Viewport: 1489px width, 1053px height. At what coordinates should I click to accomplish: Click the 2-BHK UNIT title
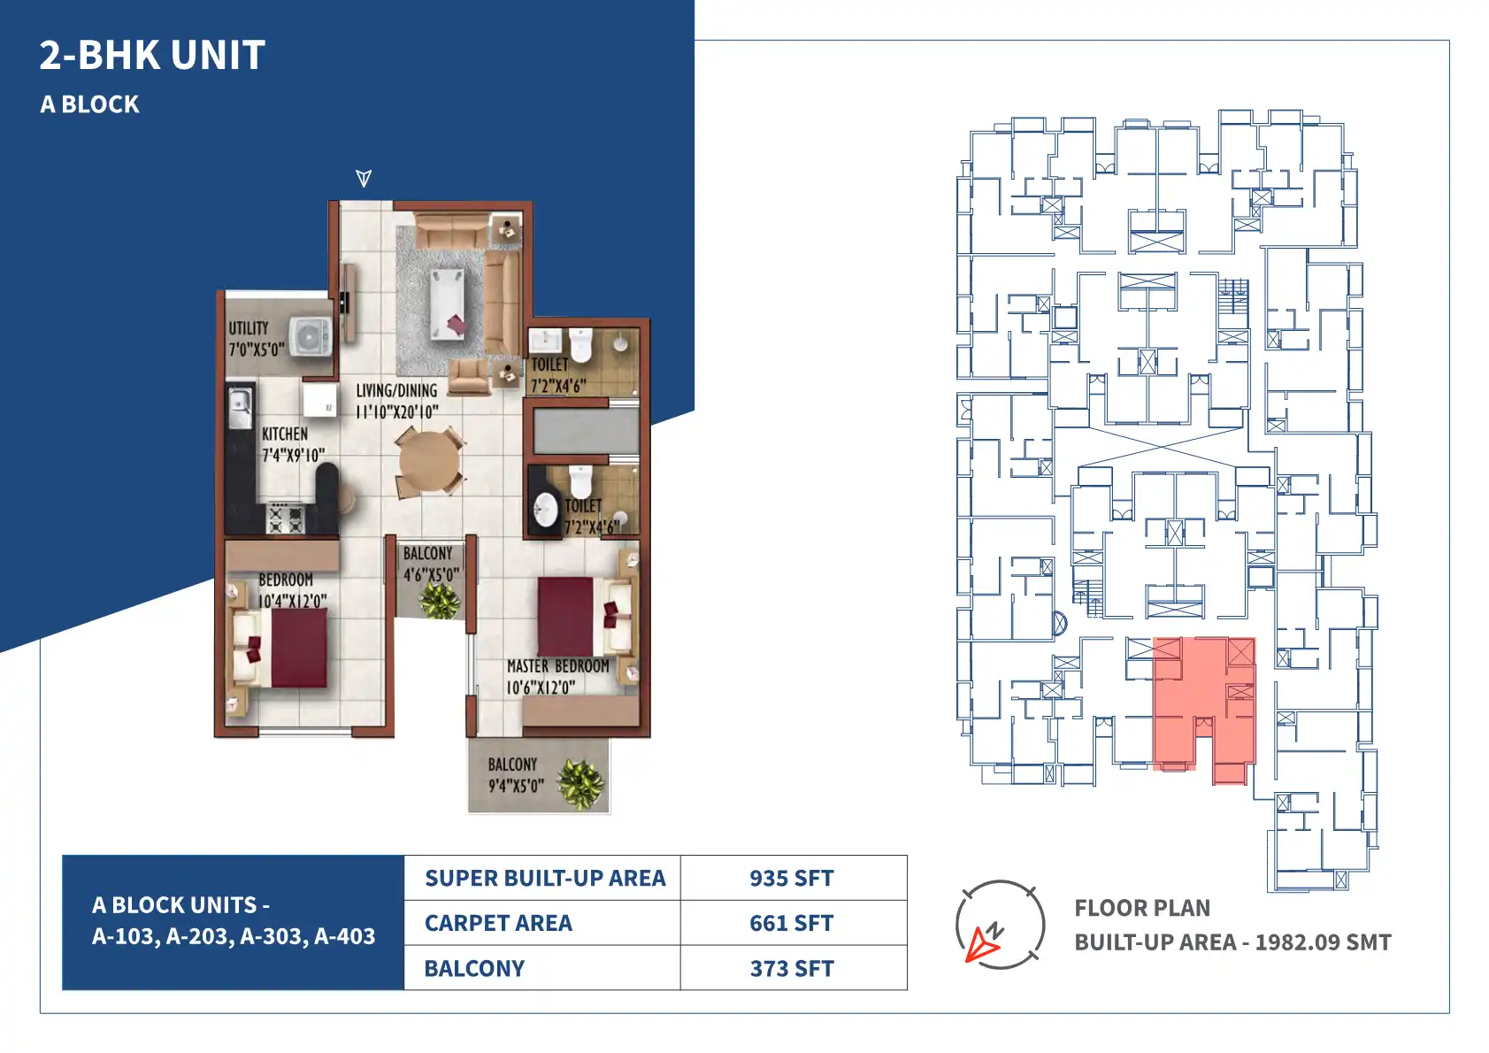(x=152, y=55)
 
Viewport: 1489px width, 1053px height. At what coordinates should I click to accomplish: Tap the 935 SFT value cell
(x=792, y=878)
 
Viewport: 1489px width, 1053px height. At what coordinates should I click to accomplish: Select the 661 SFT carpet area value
(x=792, y=924)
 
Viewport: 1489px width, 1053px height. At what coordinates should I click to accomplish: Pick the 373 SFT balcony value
(x=792, y=969)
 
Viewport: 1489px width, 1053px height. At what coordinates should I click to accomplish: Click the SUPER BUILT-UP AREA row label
(x=545, y=878)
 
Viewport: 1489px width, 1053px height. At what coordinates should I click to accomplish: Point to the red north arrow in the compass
(x=982, y=945)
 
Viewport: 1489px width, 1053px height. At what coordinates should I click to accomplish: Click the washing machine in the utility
(x=310, y=337)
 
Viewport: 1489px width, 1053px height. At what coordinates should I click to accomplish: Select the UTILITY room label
(x=249, y=328)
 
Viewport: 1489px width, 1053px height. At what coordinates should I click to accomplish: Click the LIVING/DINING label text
(x=397, y=391)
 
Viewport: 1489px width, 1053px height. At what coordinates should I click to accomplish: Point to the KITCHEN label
(x=285, y=434)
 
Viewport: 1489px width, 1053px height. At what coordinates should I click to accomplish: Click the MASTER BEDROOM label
(x=558, y=666)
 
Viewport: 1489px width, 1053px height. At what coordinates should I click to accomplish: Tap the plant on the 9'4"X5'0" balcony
(x=581, y=784)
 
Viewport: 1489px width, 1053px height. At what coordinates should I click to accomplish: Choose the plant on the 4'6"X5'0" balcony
(x=440, y=600)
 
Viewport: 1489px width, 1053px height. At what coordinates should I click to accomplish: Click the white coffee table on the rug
(x=448, y=304)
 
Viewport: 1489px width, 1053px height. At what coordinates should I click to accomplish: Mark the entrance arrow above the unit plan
(x=364, y=178)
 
